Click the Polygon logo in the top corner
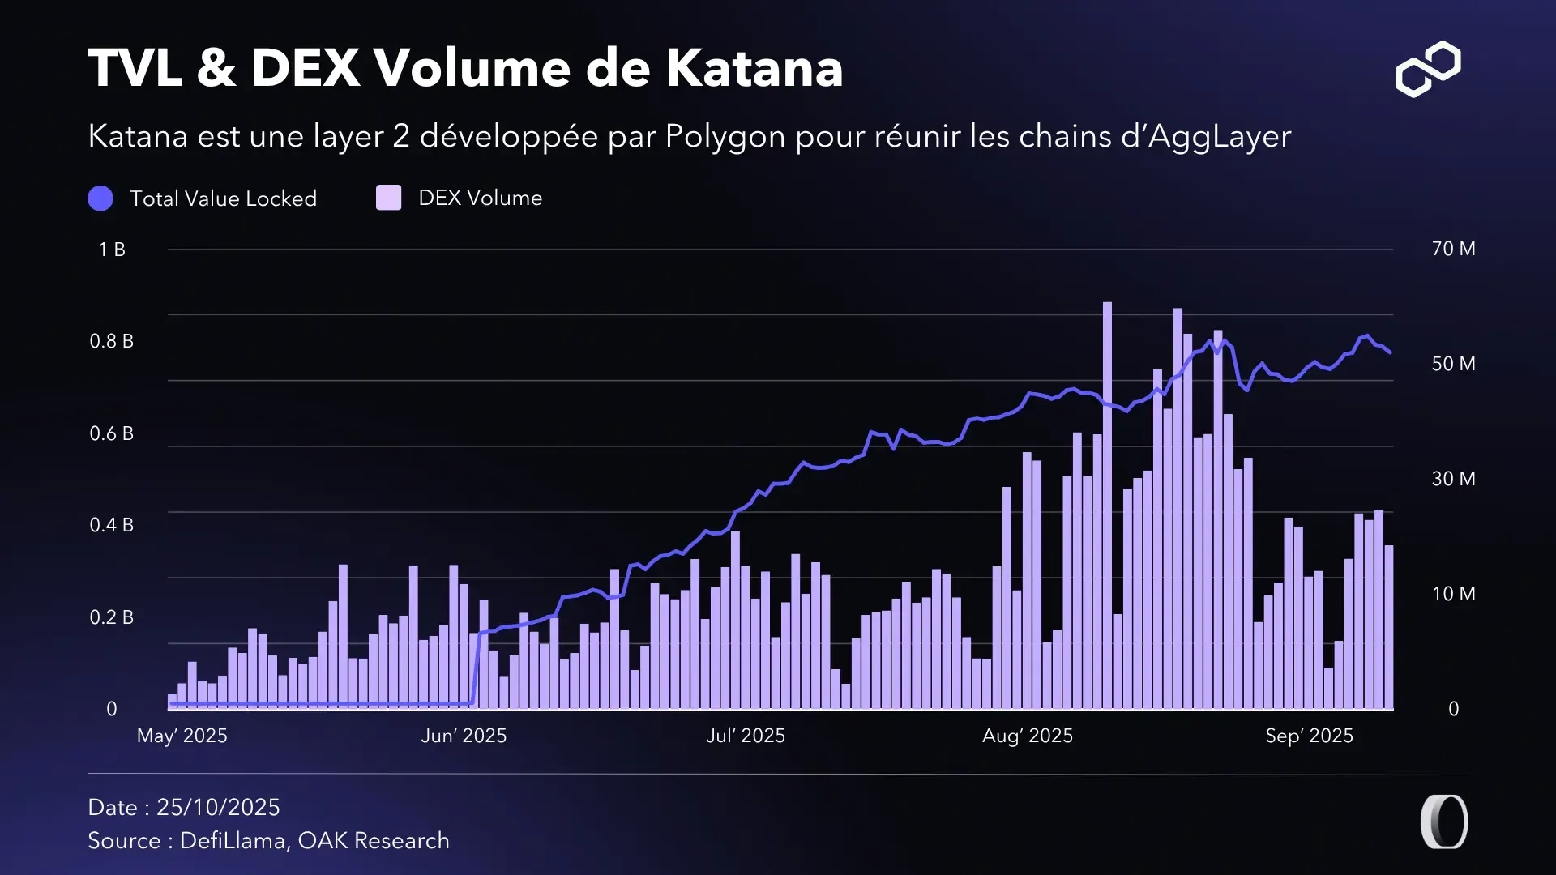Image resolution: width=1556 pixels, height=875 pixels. pyautogui.click(x=1428, y=69)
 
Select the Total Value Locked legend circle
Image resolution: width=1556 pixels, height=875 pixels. pyautogui.click(x=100, y=198)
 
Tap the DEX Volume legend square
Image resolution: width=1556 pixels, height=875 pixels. pyautogui.click(x=389, y=198)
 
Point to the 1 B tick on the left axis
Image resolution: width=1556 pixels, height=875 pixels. pyautogui.click(x=112, y=250)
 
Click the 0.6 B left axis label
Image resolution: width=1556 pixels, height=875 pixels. pyautogui.click(x=112, y=433)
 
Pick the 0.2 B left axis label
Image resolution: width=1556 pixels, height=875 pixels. pyautogui.click(x=112, y=617)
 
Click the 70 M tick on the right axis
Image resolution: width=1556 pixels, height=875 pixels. pyautogui.click(x=1453, y=249)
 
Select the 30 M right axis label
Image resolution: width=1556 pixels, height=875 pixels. pyautogui.click(x=1453, y=479)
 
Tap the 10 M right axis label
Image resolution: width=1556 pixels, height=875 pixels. pyautogui.click(x=1453, y=594)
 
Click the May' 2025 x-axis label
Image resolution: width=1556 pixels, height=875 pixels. pyautogui.click(x=182, y=736)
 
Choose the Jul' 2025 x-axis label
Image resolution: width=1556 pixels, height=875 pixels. pyautogui.click(x=746, y=736)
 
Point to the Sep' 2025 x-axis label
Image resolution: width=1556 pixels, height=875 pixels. pyautogui.click(x=1309, y=736)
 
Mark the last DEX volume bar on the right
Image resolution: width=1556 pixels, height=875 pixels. pyautogui.click(x=1389, y=628)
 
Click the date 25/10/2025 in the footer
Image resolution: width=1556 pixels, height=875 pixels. pyautogui.click(x=218, y=807)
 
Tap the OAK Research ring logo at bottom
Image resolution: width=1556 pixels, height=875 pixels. pyautogui.click(x=1444, y=822)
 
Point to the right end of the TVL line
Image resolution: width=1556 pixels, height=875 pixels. pyautogui.click(x=1390, y=352)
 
